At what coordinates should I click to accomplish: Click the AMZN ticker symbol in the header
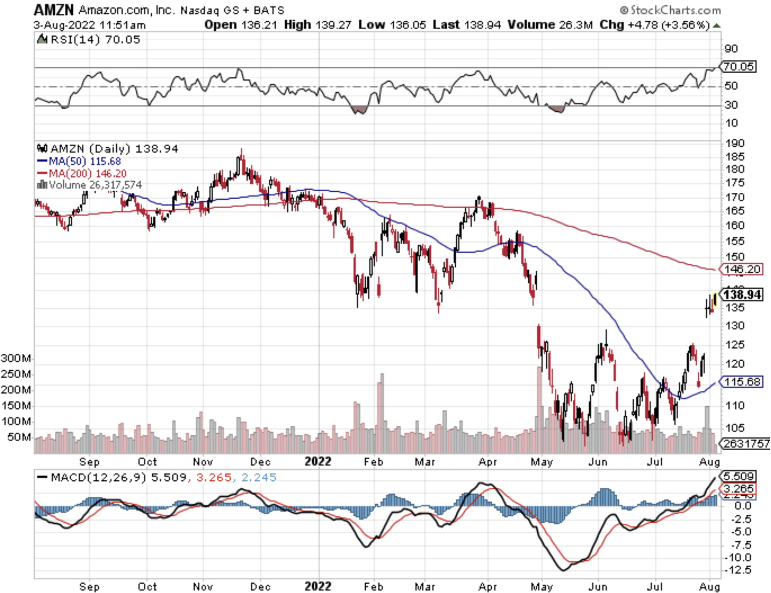(x=53, y=9)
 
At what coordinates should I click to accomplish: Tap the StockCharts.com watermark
(x=670, y=10)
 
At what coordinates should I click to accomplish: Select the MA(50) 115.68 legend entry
(x=84, y=162)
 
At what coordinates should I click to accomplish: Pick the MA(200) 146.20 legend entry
(x=87, y=173)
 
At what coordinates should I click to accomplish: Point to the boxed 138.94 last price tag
(x=742, y=295)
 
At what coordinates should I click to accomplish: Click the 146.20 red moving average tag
(x=742, y=269)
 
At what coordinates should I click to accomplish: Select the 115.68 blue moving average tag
(x=742, y=382)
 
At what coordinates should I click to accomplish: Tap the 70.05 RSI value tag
(x=738, y=67)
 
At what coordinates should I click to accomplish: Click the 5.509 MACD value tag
(x=738, y=476)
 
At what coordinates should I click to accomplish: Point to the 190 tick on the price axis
(x=734, y=143)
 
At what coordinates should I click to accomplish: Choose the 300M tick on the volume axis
(x=16, y=358)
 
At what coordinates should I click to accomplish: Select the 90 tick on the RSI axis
(x=731, y=48)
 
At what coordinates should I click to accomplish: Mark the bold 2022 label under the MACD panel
(x=317, y=587)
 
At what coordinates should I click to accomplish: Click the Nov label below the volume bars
(x=203, y=462)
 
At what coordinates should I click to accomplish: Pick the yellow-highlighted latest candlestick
(x=715, y=300)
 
